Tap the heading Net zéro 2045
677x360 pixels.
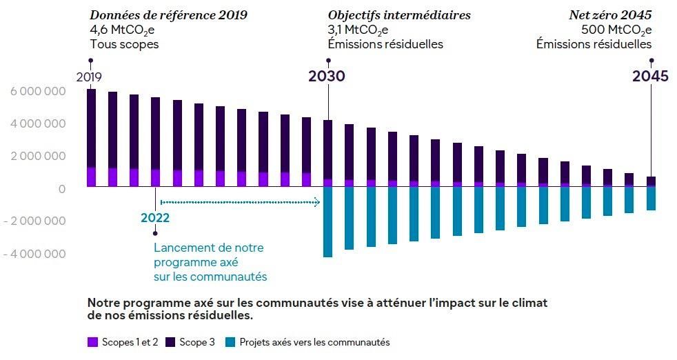(x=610, y=15)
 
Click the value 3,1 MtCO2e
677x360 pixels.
(x=358, y=30)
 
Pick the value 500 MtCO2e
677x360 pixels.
(x=616, y=30)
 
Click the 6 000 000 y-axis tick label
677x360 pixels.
(x=38, y=92)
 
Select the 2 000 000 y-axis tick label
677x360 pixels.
(x=38, y=157)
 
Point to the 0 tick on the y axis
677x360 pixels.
(x=62, y=189)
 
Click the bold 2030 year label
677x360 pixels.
(x=327, y=77)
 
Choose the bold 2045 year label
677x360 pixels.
(x=650, y=77)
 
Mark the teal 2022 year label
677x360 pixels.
(x=154, y=218)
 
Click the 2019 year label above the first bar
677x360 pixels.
(x=89, y=77)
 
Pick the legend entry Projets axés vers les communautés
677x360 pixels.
(x=307, y=342)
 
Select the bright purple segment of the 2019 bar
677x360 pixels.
(x=91, y=177)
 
